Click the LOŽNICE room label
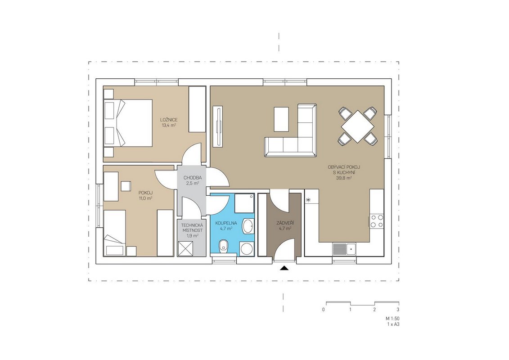click(169, 119)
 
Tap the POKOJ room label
click(145, 192)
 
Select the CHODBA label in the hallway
click(193, 178)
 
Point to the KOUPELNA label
click(226, 223)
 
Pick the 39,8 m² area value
click(344, 178)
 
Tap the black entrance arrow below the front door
click(284, 268)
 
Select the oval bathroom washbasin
click(248, 226)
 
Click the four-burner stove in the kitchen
click(377, 221)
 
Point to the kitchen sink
click(344, 249)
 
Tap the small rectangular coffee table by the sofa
click(281, 119)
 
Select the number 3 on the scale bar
click(398, 310)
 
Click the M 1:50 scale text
click(392, 319)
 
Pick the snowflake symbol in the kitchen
click(308, 200)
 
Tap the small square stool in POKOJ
click(125, 186)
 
